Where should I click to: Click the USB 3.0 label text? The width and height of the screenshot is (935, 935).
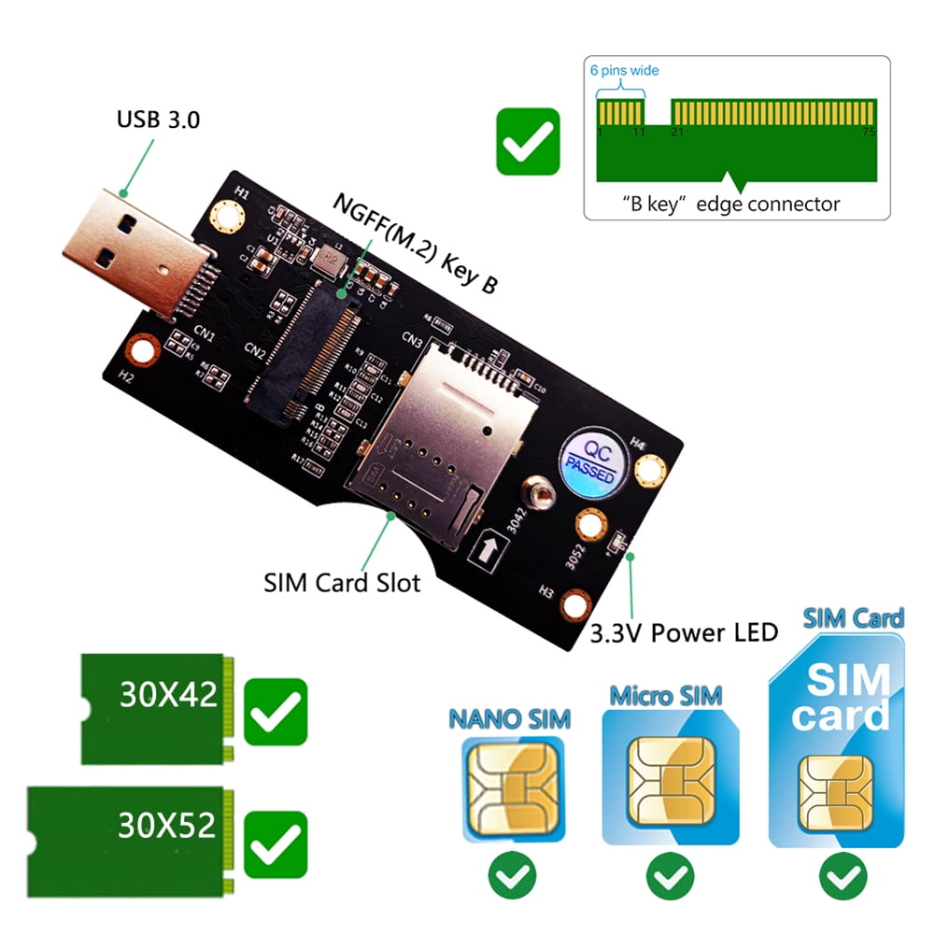click(158, 120)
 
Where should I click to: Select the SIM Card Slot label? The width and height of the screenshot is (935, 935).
click(342, 583)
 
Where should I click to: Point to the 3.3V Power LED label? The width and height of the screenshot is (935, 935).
click(684, 632)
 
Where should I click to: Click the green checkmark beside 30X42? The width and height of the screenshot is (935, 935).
click(275, 712)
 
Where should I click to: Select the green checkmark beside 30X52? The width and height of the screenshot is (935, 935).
click(275, 839)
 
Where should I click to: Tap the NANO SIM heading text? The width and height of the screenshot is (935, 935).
click(510, 719)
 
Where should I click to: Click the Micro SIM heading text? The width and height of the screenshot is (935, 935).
click(666, 696)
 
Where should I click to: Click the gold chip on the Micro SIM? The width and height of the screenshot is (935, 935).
click(666, 771)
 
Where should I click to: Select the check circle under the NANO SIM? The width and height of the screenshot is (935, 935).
click(512, 876)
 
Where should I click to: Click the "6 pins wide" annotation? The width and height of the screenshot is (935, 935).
click(625, 69)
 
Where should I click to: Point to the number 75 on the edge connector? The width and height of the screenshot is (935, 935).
click(868, 133)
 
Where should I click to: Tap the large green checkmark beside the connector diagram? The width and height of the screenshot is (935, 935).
click(528, 141)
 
